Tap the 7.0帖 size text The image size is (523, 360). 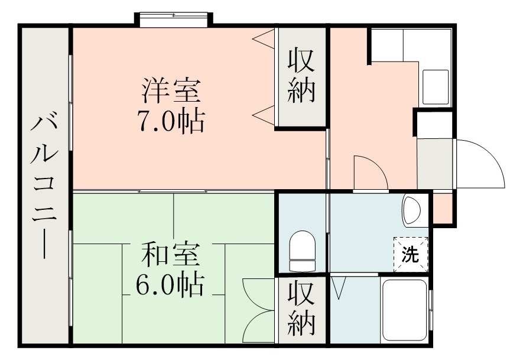[x=171, y=122]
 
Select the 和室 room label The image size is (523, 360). [x=170, y=255]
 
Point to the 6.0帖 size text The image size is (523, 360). [x=170, y=286]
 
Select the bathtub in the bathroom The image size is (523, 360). [x=404, y=310]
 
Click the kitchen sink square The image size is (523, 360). [x=436, y=86]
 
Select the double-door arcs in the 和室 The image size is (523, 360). [x=259, y=310]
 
